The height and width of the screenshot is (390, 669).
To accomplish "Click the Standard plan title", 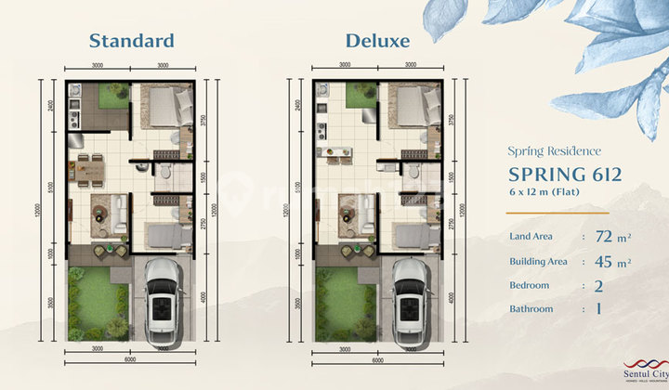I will [131, 40].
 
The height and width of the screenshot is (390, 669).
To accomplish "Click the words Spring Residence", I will [554, 150].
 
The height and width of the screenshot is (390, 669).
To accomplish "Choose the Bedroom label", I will [531, 285].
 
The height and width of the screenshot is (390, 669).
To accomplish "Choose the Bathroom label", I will [532, 308].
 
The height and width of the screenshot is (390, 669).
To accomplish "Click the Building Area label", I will [538, 262].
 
